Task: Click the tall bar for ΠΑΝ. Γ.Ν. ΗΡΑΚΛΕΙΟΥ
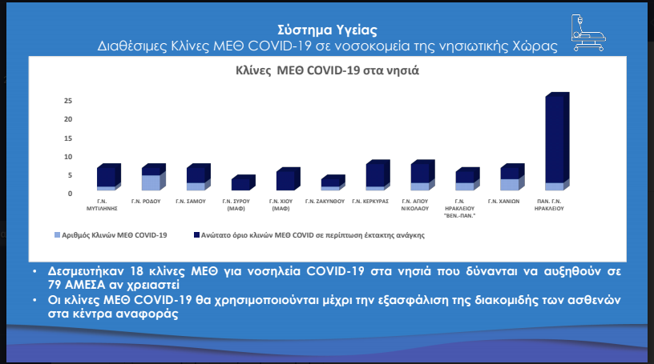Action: (x=557, y=141)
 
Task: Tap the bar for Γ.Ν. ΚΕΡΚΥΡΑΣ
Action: (x=377, y=175)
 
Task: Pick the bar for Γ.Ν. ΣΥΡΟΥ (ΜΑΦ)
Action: (x=243, y=182)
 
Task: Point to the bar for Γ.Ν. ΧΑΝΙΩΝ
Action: (x=512, y=177)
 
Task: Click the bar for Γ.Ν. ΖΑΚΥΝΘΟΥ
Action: (x=333, y=182)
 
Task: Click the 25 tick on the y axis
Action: (x=68, y=101)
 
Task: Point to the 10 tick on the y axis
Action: (x=68, y=157)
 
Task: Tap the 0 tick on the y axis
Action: (x=70, y=194)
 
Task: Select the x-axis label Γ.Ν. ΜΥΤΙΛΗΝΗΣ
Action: (x=102, y=205)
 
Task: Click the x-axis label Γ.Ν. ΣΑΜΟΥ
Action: (x=191, y=201)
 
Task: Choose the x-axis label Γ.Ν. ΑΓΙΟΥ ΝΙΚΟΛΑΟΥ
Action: (x=415, y=205)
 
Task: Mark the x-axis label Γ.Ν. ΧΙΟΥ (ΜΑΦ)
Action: (x=281, y=205)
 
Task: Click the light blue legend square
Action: (x=57, y=235)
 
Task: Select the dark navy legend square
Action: (x=197, y=235)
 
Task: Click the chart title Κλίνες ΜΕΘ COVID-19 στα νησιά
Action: (x=328, y=70)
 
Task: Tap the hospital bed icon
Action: (x=588, y=33)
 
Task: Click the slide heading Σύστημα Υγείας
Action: (x=328, y=30)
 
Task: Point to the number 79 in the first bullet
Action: (x=55, y=285)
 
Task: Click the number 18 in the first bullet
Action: (x=137, y=271)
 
